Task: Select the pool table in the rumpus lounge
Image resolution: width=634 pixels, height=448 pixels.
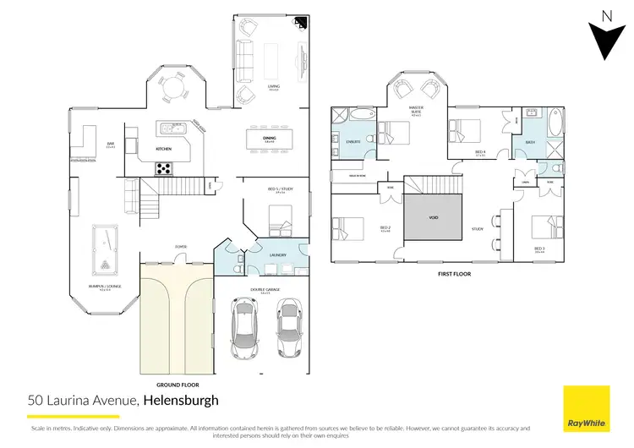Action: [x=103, y=252]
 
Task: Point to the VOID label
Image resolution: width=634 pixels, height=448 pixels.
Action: [x=434, y=217]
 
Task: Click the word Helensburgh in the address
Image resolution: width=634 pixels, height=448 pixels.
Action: [x=181, y=400]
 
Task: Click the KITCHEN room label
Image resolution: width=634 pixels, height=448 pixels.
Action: [x=164, y=150]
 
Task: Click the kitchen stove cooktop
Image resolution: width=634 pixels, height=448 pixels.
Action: [x=163, y=168]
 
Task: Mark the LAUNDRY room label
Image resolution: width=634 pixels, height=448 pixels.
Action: [x=277, y=254]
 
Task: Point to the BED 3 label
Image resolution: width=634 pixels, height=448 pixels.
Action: [x=540, y=249]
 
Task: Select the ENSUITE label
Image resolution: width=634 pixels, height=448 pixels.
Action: [x=354, y=141]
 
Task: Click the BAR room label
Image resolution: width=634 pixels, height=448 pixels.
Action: [x=110, y=145]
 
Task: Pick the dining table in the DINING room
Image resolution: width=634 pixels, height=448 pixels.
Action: [x=268, y=139]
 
